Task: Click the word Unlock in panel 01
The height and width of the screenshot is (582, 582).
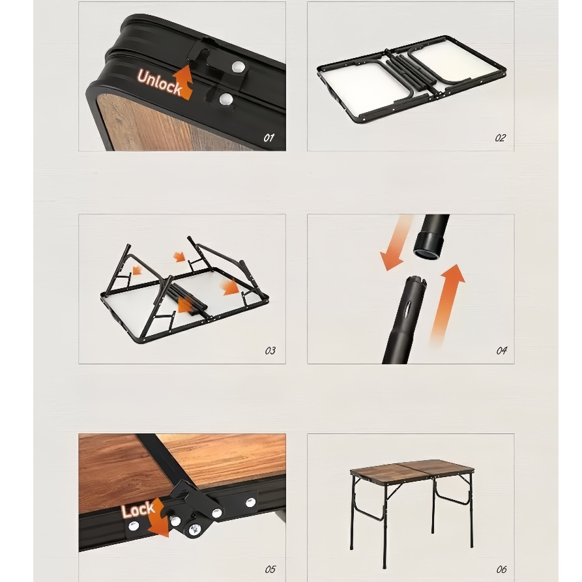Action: (159, 82)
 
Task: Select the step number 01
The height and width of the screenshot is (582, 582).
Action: (269, 138)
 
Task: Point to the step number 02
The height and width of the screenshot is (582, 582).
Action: (500, 138)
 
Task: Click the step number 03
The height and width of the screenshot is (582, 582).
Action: (270, 351)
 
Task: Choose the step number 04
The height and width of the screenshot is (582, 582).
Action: (501, 351)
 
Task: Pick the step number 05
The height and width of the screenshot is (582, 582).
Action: (270, 570)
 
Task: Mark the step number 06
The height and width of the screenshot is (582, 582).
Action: (501, 570)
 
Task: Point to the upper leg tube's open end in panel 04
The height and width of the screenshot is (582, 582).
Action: (428, 250)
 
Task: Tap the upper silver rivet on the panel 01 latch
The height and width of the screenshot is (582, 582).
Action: (238, 67)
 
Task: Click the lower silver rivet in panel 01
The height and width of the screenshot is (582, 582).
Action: (226, 100)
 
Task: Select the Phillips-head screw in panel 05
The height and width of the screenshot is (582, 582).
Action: (194, 529)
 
